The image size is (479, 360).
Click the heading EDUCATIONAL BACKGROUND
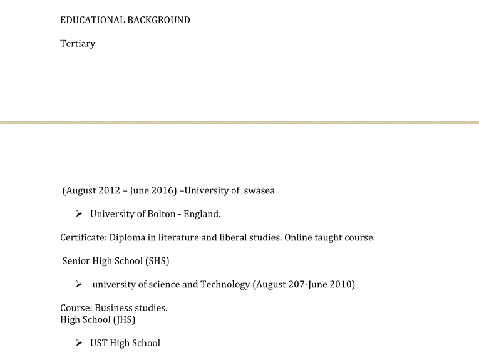[125, 20]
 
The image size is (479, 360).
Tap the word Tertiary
[78, 44]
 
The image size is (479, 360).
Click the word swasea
[259, 190]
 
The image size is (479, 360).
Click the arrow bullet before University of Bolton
[80, 214]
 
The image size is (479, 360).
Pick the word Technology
[225, 285]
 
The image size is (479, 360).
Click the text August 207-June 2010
[304, 285]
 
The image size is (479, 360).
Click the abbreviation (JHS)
[124, 320]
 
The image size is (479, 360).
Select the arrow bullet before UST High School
[80, 343]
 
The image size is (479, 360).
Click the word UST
[99, 343]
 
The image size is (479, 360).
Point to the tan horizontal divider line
[239, 122]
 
